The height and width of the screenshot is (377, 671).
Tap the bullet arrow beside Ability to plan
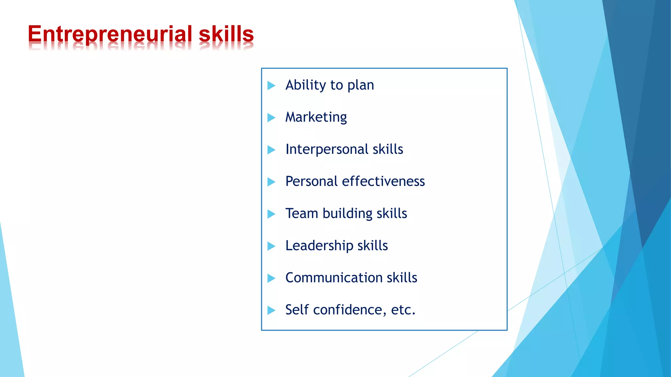click(271, 85)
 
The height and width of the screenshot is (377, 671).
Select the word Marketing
click(316, 117)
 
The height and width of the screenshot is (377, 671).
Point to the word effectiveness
click(383, 181)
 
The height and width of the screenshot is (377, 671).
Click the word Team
click(302, 213)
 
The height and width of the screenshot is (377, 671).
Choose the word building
click(347, 214)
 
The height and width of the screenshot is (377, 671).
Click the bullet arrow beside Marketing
click(271, 117)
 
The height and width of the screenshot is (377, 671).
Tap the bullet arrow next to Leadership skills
click(271, 246)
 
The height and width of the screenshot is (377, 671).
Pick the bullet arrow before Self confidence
click(271, 310)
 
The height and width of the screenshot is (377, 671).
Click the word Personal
click(311, 181)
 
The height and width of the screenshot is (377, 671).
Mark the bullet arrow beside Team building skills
click(271, 214)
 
